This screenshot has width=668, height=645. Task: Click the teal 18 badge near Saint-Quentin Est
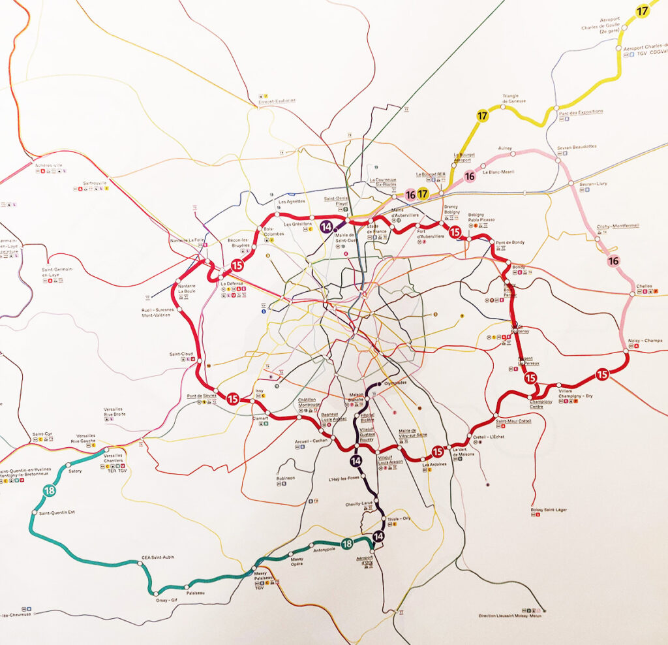(49, 490)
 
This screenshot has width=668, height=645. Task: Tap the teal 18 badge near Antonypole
(347, 544)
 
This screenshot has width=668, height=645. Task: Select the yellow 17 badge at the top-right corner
(643, 10)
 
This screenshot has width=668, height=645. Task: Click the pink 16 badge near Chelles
(613, 261)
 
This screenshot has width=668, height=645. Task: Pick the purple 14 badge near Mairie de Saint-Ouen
(327, 227)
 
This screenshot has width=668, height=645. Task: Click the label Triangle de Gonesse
(514, 99)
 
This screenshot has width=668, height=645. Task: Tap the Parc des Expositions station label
(581, 112)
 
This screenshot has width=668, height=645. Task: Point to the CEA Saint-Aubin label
(158, 558)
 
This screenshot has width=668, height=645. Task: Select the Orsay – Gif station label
(166, 600)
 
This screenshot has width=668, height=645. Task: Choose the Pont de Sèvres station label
(201, 396)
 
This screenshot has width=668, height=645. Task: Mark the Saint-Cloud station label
(180, 354)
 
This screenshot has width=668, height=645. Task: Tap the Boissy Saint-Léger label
(547, 510)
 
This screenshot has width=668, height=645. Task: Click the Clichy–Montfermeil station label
(618, 227)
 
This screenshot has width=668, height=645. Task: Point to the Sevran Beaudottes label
(577, 146)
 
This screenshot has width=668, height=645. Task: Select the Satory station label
(75, 471)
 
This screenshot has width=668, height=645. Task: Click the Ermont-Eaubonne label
(276, 101)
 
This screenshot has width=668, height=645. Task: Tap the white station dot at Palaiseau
(189, 586)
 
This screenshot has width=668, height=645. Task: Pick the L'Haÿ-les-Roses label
(343, 478)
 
